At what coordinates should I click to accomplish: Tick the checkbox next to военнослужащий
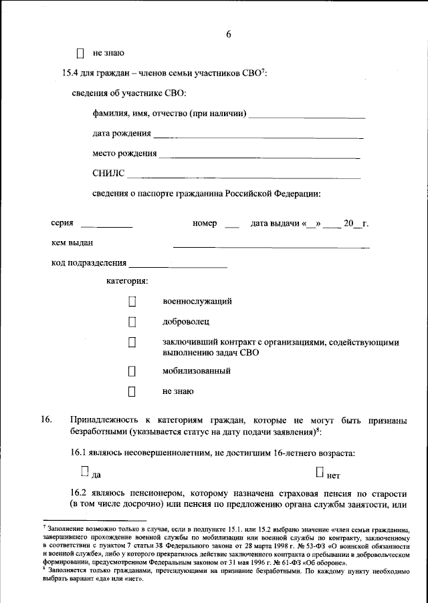click(132, 302)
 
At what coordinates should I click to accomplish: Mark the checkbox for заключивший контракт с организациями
click(132, 343)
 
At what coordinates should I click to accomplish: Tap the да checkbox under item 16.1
click(84, 471)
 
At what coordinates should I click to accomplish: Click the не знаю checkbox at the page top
click(81, 52)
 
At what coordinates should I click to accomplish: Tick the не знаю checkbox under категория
click(132, 391)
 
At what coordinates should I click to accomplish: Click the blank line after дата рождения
click(258, 137)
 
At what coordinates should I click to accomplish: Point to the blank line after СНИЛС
click(243, 178)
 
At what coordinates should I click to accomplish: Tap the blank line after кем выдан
click(271, 246)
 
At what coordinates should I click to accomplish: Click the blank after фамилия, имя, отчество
click(307, 117)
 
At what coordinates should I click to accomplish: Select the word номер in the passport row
click(205, 223)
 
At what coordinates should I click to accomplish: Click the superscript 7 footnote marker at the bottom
click(43, 527)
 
